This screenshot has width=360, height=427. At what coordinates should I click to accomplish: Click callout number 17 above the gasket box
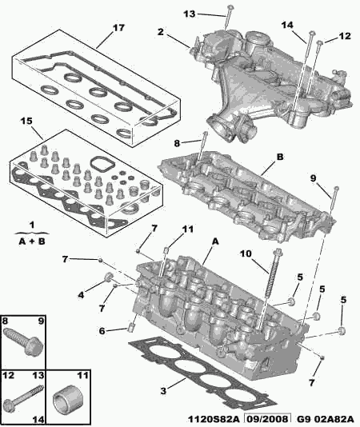pos(118,28)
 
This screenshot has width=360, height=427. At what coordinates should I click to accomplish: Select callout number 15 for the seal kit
pos(26,122)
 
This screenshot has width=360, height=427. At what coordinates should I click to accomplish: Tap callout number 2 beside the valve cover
pos(161,32)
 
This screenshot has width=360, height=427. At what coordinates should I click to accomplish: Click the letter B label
pos(280,157)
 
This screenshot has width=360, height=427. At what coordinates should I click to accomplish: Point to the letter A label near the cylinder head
pos(215,241)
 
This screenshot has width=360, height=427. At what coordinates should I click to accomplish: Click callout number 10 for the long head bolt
pos(246,253)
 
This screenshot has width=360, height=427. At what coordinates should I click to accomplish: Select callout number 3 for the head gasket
pos(163,391)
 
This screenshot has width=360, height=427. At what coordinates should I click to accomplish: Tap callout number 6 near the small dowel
pos(102,331)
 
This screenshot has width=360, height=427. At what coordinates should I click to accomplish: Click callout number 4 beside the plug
pos(82,294)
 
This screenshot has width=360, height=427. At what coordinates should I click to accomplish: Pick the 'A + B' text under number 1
pos(32,241)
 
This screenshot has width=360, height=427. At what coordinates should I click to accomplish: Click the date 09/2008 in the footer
pos(267,419)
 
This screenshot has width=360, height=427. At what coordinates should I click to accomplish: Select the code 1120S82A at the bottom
pos(214,419)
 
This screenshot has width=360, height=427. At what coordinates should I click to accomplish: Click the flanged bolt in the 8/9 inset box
pos(24,341)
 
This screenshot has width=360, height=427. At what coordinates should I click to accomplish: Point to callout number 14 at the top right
pos(287,25)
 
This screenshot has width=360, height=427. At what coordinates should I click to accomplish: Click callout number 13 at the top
pos(190,14)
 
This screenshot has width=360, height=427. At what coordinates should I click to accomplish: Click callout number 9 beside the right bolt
pos(313,178)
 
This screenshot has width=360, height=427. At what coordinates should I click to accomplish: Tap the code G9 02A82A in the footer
pos(325,419)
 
